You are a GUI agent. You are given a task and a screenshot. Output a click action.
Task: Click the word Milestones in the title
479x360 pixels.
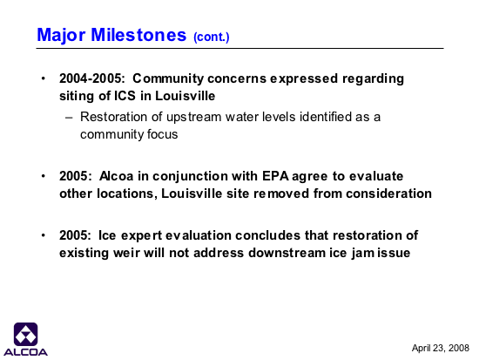pos(138,35)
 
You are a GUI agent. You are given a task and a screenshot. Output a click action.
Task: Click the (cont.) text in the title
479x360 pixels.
pos(212,37)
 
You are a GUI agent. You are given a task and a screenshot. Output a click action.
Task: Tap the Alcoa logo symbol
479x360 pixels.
pos(25,335)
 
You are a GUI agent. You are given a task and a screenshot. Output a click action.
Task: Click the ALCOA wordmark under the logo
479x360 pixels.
pos(25,352)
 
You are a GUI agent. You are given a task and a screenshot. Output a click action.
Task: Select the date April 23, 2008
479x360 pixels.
pos(440,348)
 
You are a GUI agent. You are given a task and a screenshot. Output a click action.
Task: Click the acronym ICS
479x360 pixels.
pos(125,96)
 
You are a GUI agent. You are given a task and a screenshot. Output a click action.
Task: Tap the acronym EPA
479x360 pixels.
pos(275,176)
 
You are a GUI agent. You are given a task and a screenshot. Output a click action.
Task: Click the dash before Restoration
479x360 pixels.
pos(69,118)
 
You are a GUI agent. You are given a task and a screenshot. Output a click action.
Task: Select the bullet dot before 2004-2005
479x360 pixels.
pos(44,78)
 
